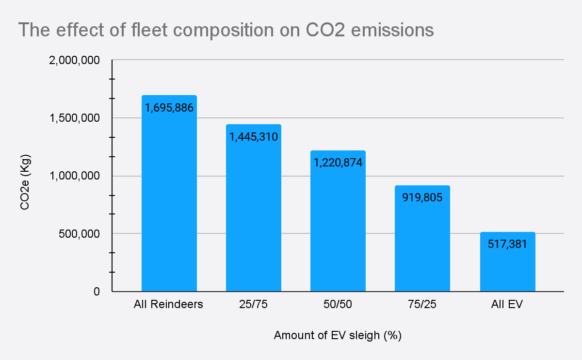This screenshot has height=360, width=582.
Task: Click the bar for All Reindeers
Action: point(169,204)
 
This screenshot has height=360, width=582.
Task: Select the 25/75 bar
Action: point(253,218)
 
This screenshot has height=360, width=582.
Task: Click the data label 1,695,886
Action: point(169,108)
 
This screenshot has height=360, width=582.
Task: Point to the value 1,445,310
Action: point(253,137)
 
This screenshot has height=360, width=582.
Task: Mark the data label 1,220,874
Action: point(338,163)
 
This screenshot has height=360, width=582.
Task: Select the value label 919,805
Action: point(422,197)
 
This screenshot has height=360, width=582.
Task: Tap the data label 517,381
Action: point(507,244)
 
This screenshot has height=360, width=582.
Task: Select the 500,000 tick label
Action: point(79,233)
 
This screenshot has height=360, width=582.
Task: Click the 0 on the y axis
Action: point(97,291)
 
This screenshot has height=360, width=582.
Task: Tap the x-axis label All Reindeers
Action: point(169,305)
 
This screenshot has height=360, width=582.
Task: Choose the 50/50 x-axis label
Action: point(338,305)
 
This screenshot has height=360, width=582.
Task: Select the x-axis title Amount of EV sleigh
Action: point(338,336)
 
